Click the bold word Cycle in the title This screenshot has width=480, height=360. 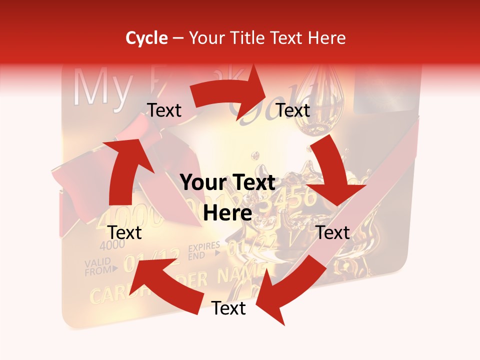point(146,38)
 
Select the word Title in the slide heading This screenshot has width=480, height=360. point(246,38)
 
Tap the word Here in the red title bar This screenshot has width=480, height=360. point(327,38)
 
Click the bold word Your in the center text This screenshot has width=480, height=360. point(203,183)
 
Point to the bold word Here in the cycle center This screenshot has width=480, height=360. point(227,213)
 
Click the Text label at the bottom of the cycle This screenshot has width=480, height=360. point(228,308)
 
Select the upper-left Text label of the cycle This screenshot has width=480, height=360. point(164,110)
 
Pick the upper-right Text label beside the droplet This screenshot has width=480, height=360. point(293,110)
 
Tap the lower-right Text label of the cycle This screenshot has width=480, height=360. point(333,232)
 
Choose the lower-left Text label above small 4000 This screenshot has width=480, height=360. point(125,232)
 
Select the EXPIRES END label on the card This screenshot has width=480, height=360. point(204,250)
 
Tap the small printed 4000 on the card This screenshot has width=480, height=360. point(112,246)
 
